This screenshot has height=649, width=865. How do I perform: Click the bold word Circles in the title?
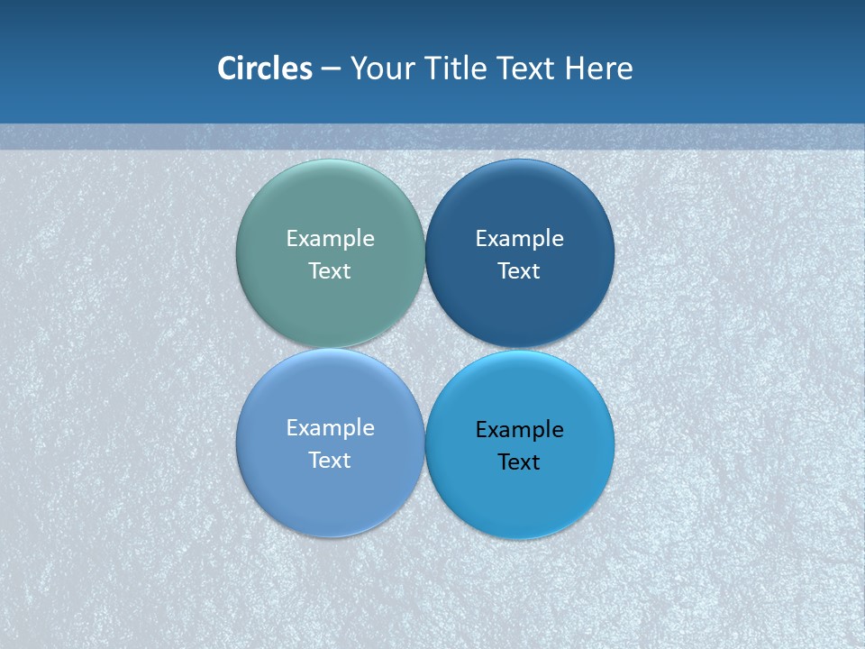[x=265, y=69]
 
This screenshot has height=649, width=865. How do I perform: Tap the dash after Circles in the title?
[x=331, y=69]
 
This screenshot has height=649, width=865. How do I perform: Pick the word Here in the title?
[x=599, y=69]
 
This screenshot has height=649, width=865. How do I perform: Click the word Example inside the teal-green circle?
[x=330, y=238]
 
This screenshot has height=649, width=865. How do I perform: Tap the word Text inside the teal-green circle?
[x=330, y=270]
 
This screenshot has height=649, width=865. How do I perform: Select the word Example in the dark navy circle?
[x=519, y=238]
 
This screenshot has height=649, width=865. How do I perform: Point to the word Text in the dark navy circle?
[x=519, y=270]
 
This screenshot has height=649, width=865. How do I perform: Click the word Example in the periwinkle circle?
[x=330, y=427]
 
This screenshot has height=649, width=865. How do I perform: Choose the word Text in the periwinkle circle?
[x=330, y=460]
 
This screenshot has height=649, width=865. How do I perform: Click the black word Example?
[x=519, y=429]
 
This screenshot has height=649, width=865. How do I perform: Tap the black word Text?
[x=519, y=462]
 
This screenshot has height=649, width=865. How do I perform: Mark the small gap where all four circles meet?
[x=424, y=348]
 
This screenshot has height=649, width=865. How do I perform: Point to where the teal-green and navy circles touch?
[x=424, y=253]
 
